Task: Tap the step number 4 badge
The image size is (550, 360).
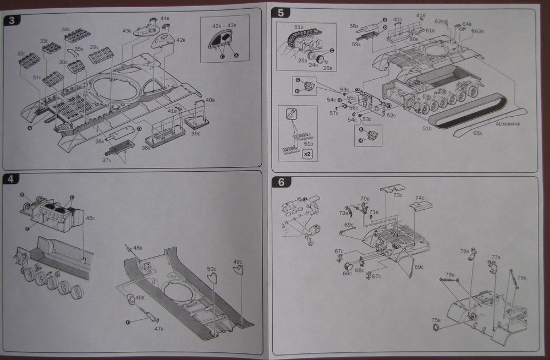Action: click(x=12, y=179)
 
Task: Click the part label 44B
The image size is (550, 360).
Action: click(x=165, y=18)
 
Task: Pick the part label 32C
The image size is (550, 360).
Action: click(x=21, y=53)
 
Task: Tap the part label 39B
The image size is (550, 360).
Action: click(x=196, y=134)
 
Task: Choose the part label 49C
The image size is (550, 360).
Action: click(x=238, y=261)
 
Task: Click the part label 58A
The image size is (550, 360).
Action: click(x=354, y=25)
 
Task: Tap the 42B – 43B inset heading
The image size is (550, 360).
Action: click(x=224, y=25)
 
